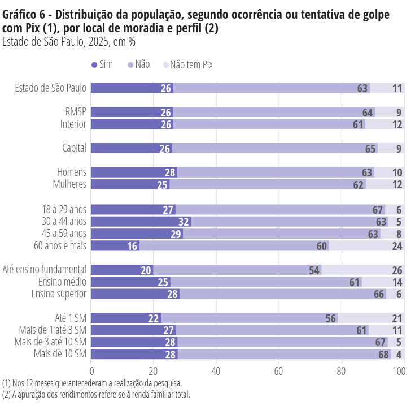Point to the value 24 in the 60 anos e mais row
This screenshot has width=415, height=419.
(397, 246)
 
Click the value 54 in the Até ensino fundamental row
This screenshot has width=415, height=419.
(314, 270)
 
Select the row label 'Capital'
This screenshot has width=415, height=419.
(74, 148)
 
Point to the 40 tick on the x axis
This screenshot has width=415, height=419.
(216, 372)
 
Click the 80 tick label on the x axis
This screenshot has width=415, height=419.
(340, 372)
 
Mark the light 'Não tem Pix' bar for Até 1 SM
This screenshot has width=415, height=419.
(367, 318)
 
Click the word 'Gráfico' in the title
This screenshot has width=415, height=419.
(21, 15)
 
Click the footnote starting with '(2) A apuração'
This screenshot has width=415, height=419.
(96, 395)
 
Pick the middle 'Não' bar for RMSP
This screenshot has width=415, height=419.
(271, 112)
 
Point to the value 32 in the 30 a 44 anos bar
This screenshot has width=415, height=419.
(184, 222)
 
